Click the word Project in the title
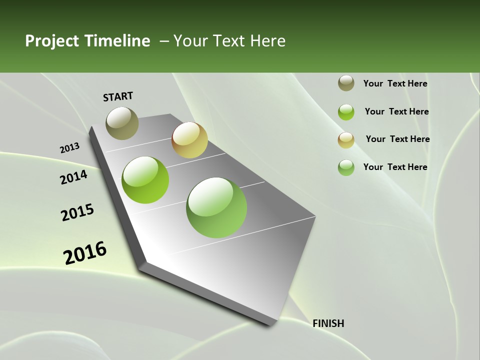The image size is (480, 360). pyautogui.click(x=51, y=41)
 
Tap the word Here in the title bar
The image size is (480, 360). pyautogui.click(x=267, y=41)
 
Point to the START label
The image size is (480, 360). pyautogui.click(x=118, y=96)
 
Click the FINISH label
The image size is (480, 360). pyautogui.click(x=328, y=323)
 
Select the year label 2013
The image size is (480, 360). pyautogui.click(x=69, y=148)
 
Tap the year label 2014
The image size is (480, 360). pyautogui.click(x=73, y=177)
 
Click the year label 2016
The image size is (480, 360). pyautogui.click(x=85, y=253)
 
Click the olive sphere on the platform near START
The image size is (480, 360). pyautogui.click(x=122, y=123)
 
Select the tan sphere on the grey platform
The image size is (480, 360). pyautogui.click(x=189, y=140)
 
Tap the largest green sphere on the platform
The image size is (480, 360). pyautogui.click(x=216, y=207)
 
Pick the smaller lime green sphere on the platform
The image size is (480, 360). pyautogui.click(x=145, y=180)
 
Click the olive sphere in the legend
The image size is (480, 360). pyautogui.click(x=346, y=83)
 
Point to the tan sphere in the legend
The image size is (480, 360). pyautogui.click(x=346, y=140)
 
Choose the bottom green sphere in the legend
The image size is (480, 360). pyautogui.click(x=346, y=167)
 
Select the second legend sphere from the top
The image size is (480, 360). pyautogui.click(x=346, y=112)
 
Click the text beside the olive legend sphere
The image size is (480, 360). pyautogui.click(x=395, y=83)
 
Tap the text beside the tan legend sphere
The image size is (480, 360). pyautogui.click(x=397, y=139)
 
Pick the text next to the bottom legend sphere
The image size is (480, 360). pyautogui.click(x=395, y=167)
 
